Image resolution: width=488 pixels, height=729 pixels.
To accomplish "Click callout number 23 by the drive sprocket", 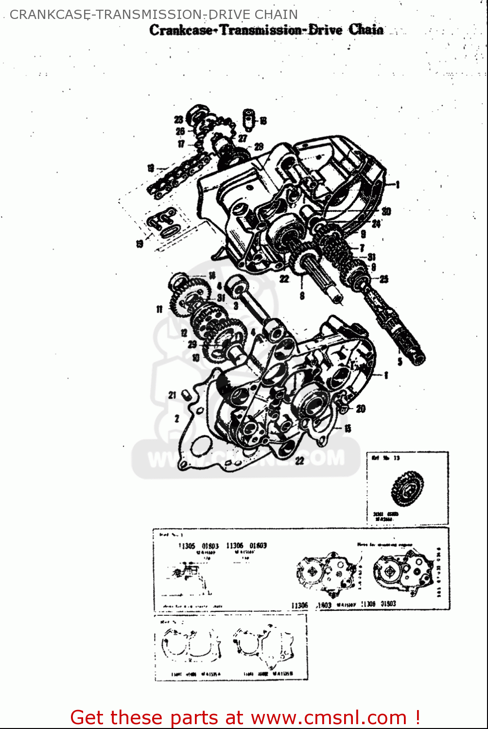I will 178,120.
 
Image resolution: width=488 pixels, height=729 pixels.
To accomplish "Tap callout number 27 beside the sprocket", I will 242,139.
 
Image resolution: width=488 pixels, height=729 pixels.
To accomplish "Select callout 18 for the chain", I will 151,169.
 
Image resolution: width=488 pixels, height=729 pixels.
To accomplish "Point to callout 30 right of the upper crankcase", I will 386,211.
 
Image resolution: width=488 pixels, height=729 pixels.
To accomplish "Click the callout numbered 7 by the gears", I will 362,248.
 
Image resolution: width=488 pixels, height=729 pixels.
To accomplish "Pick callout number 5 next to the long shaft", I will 400,362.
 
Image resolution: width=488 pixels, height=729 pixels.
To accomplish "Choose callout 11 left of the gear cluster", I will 159,309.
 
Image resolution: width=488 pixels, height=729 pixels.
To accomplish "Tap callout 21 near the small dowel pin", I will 172,395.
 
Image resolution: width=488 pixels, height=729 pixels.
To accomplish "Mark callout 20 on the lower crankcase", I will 360,409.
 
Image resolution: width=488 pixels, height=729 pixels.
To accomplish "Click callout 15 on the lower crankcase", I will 348,429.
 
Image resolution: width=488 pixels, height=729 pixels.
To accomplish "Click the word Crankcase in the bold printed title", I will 181,30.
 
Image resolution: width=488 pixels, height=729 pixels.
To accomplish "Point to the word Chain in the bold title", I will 366,30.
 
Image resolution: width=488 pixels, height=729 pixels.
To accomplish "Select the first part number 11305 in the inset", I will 187,546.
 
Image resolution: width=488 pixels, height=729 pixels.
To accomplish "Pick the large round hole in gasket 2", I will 199,445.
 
